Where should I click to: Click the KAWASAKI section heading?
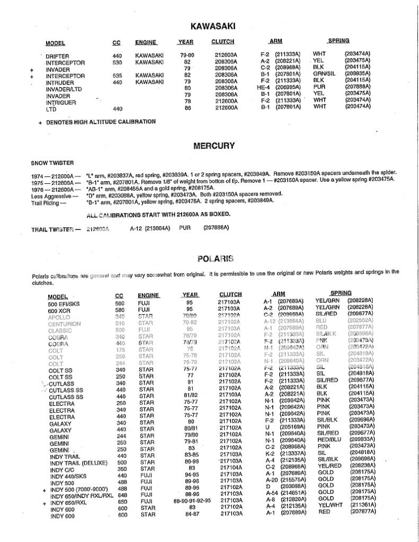click(x=213, y=26)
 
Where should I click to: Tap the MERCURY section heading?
click(x=213, y=145)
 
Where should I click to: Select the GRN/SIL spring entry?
click(x=324, y=74)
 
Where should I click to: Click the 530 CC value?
click(x=117, y=62)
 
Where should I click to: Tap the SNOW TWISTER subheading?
click(x=52, y=162)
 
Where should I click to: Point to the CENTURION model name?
click(x=64, y=323)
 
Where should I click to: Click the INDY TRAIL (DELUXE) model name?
click(x=75, y=463)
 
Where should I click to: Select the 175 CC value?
click(x=120, y=350)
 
